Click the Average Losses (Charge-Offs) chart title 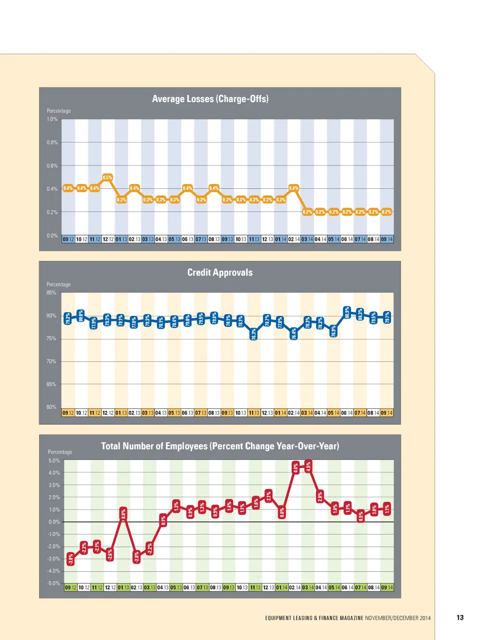point(210,99)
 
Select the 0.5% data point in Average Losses point(107,178)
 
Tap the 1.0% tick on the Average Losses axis point(52,119)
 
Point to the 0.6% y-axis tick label point(52,166)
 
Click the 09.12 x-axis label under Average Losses point(68,239)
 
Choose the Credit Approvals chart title point(220,273)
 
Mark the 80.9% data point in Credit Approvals point(347,313)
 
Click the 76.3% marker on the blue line point(254,334)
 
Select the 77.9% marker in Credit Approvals point(94,323)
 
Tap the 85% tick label point(51,293)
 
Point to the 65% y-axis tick point(51,384)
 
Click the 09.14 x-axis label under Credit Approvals point(387,413)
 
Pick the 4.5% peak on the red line point(309,466)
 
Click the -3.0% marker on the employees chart point(71,559)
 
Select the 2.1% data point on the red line point(269,496)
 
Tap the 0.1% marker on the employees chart point(163,520)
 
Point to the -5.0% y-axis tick point(54,583)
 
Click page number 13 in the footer point(460,618)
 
